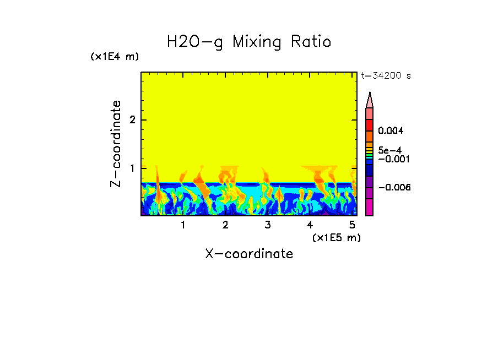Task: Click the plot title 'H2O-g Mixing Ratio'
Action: point(249,42)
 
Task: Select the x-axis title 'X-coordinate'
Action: point(249,254)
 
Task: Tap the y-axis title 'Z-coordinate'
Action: point(116,144)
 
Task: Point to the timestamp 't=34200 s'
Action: point(386,76)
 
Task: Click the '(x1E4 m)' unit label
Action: point(115,57)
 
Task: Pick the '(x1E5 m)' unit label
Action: point(336,237)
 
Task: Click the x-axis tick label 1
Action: point(183,225)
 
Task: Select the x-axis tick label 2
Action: point(225,225)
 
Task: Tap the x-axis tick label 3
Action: point(268,225)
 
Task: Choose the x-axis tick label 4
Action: point(310,225)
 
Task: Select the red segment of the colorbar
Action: point(370,125)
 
